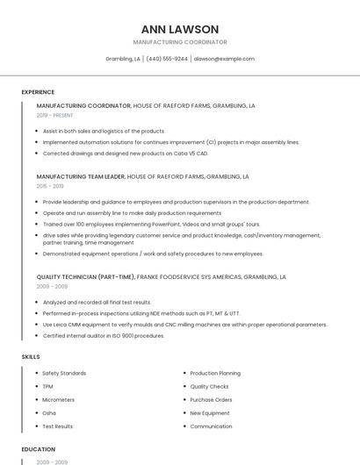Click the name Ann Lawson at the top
coord(179,29)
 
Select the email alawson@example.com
coord(224,59)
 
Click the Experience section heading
coord(38,92)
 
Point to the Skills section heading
coord(31,357)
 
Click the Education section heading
coord(38,449)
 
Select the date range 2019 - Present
coord(54,115)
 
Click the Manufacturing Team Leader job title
coord(81,176)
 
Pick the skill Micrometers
coord(59,399)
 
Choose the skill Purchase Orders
coord(211,399)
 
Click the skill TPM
coord(48,386)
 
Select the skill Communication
coord(211,426)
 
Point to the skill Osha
coord(49,412)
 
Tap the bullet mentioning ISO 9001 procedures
coord(103,335)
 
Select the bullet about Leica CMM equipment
coord(184,324)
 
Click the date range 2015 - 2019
coord(50,186)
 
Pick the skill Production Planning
coord(215,373)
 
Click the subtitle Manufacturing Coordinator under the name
coord(179,42)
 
